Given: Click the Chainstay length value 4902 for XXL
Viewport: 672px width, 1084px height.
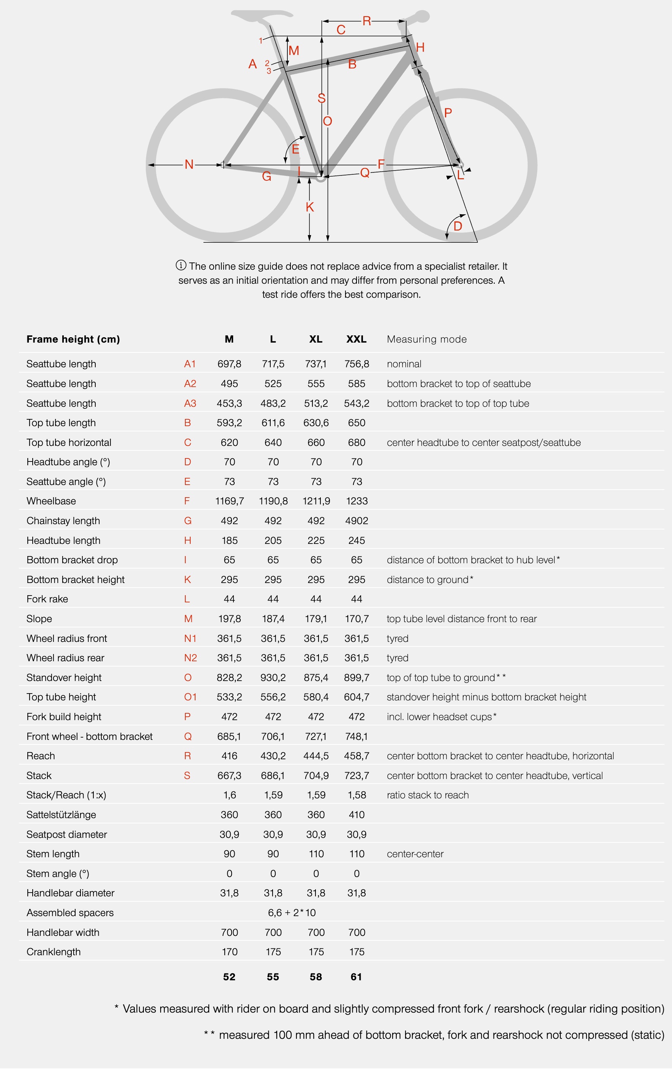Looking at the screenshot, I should click(x=357, y=521).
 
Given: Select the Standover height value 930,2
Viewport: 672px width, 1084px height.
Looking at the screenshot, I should click(x=273, y=678).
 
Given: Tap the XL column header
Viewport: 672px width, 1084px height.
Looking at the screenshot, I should click(x=315, y=339).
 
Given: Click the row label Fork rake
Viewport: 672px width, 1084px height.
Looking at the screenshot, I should click(x=47, y=599).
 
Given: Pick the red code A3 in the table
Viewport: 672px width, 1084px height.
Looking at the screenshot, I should click(x=190, y=403).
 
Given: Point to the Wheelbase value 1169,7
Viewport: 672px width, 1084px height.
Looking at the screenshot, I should click(x=229, y=501).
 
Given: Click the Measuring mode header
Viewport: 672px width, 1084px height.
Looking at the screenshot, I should click(x=427, y=339).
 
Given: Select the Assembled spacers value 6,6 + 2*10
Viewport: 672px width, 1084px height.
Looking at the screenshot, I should click(x=292, y=912).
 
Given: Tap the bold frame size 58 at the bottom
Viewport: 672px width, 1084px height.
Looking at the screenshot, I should click(x=315, y=977).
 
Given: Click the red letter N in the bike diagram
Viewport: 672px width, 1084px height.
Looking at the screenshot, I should click(x=189, y=164).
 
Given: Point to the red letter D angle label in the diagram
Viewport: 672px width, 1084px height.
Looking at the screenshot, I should click(x=458, y=226).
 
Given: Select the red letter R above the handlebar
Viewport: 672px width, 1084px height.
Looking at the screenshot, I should click(x=367, y=21).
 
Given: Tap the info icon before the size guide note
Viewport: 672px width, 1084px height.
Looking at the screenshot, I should click(x=181, y=265).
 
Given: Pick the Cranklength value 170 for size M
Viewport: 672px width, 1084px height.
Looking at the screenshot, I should click(x=229, y=952).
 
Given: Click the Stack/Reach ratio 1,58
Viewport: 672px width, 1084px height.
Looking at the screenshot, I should click(x=357, y=795).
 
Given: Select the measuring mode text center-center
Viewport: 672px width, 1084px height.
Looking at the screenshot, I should click(x=415, y=854).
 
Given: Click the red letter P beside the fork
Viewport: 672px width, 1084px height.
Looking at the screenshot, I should click(x=448, y=113).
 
